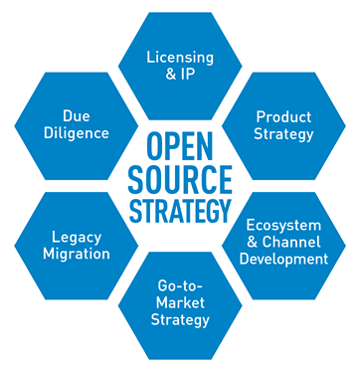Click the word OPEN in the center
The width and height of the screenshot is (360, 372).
[179, 145]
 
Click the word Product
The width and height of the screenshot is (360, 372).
[283, 116]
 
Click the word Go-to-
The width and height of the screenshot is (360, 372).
[180, 284]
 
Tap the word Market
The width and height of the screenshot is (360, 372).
[180, 302]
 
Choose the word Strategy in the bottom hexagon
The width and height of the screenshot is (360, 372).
[180, 320]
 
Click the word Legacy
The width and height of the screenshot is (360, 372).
[76, 237]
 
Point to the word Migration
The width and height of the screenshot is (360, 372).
[76, 255]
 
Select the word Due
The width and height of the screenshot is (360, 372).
[76, 114]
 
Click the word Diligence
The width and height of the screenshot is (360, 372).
[76, 133]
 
